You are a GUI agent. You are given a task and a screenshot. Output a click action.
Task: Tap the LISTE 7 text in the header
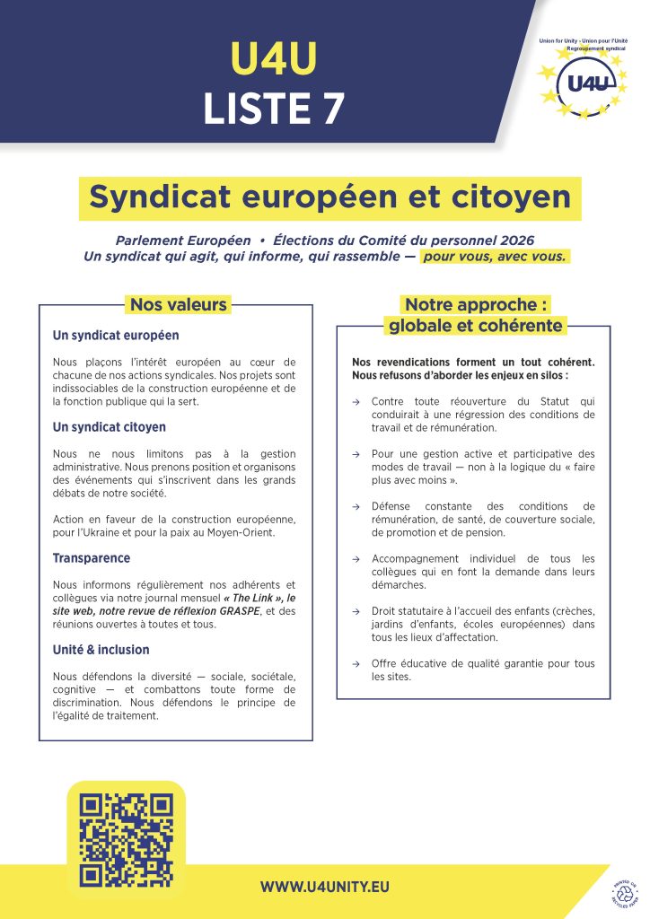tap(273, 107)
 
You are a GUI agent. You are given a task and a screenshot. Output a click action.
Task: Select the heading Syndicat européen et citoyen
tap(329, 197)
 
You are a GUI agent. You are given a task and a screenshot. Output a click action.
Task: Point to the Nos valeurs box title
tap(179, 304)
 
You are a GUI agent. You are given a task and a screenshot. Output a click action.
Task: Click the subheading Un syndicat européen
tap(116, 335)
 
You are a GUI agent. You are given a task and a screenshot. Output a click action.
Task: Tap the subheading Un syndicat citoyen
tap(110, 427)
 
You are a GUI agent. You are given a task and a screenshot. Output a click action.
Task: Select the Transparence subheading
tap(92, 557)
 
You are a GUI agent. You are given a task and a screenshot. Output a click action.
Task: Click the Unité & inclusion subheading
tap(101, 649)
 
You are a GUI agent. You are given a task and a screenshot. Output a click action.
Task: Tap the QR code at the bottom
tap(126, 839)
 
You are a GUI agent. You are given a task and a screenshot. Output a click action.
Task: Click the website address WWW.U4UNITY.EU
tap(325, 887)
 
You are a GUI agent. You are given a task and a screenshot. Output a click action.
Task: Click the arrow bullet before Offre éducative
tap(356, 664)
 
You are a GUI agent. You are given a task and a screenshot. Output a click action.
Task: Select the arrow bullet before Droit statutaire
tap(356, 611)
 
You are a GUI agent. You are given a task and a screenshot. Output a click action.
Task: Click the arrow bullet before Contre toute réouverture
tap(356, 402)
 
